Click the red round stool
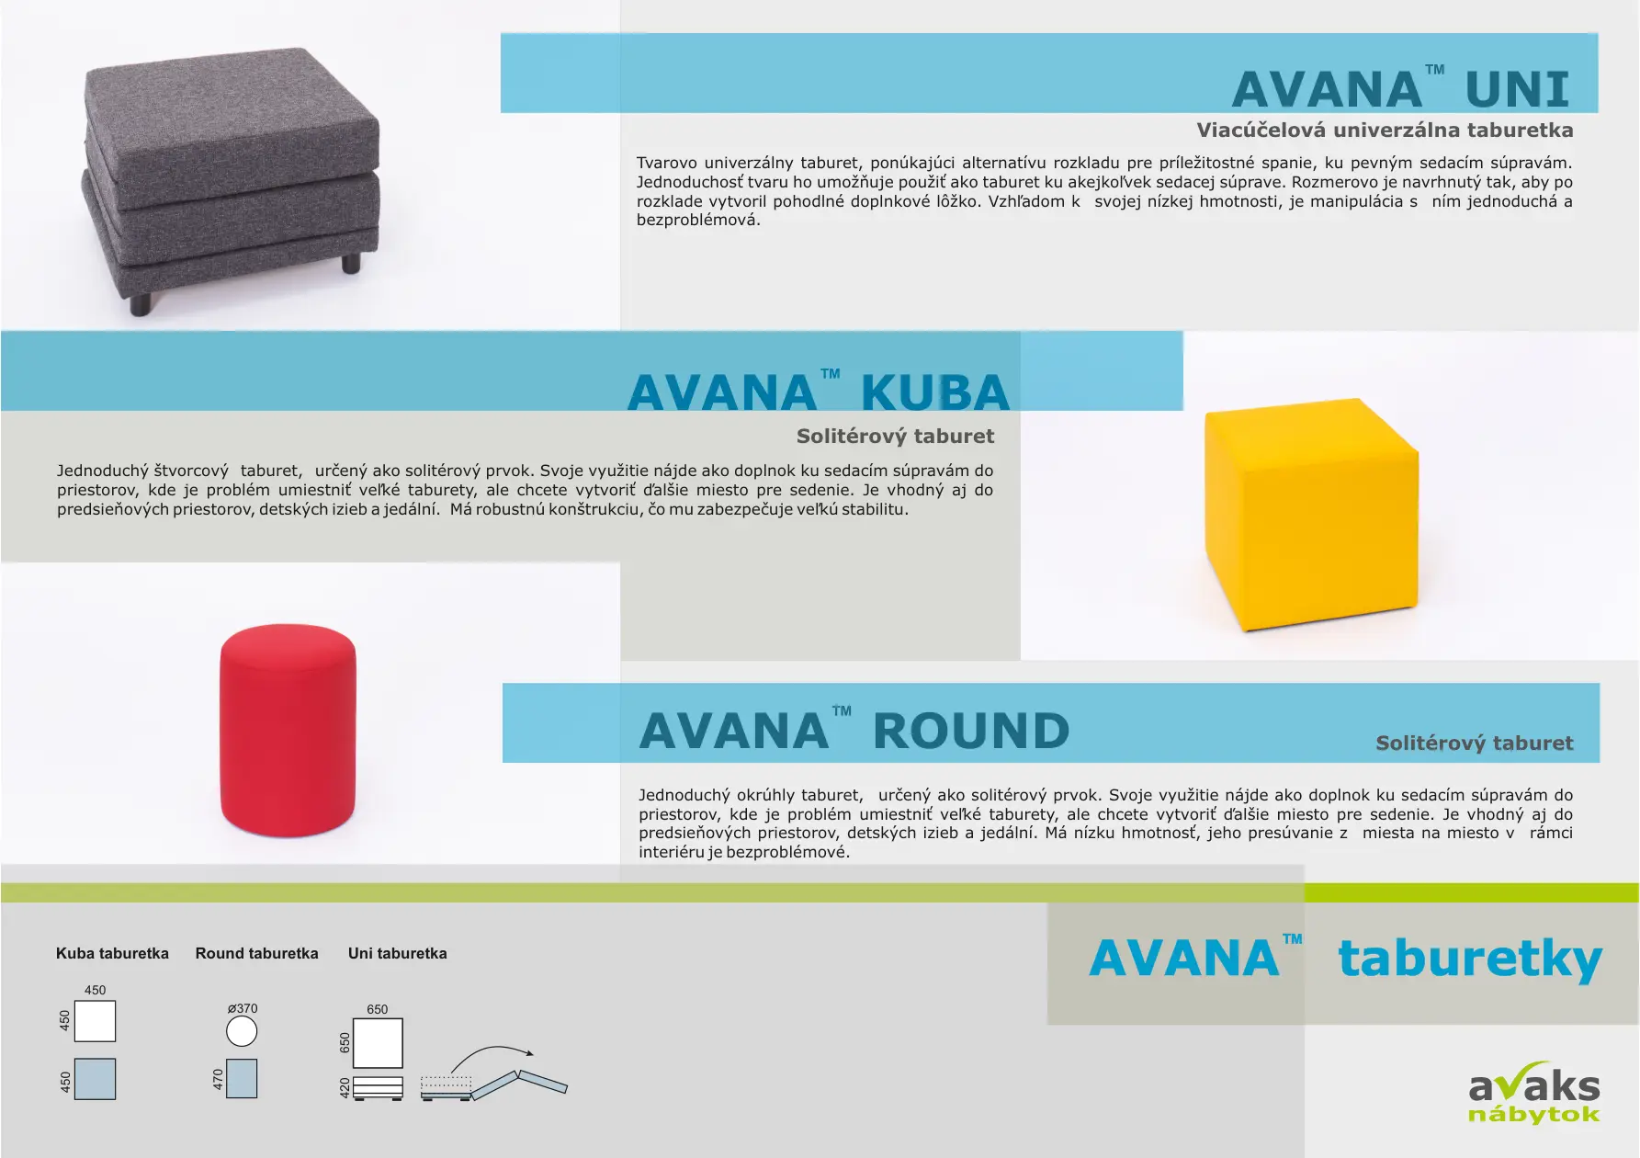[x=288, y=730]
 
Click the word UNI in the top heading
[x=1517, y=90]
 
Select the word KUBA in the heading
[x=934, y=393]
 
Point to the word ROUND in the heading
[x=971, y=732]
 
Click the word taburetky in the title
[x=1470, y=959]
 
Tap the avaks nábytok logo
[x=1533, y=1096]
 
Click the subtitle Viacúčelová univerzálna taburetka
[x=1385, y=131]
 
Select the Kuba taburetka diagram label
[x=112, y=953]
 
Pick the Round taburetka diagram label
[x=256, y=953]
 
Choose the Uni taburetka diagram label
[x=397, y=953]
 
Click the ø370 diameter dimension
[x=243, y=1008]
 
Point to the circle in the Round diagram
[x=242, y=1031]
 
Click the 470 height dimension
[x=218, y=1079]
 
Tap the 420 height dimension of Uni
[x=345, y=1088]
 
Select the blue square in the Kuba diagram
[x=95, y=1079]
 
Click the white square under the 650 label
[x=378, y=1043]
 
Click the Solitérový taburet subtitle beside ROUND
[x=1474, y=744]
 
